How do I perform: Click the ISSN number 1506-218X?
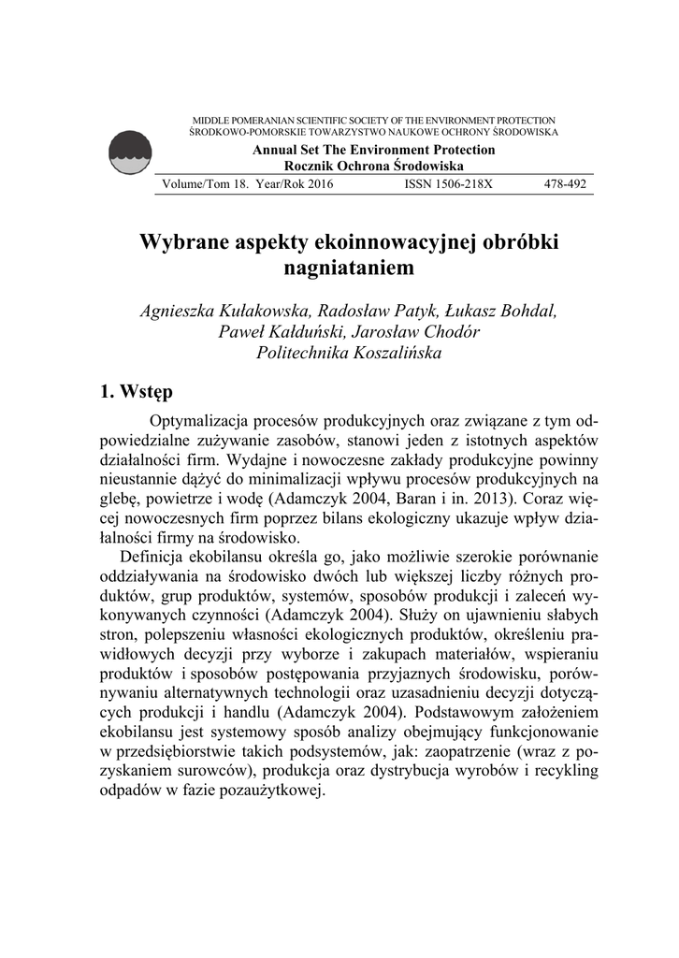[x=448, y=184]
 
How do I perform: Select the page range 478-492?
[x=565, y=184]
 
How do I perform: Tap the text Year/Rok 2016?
[x=294, y=184]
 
